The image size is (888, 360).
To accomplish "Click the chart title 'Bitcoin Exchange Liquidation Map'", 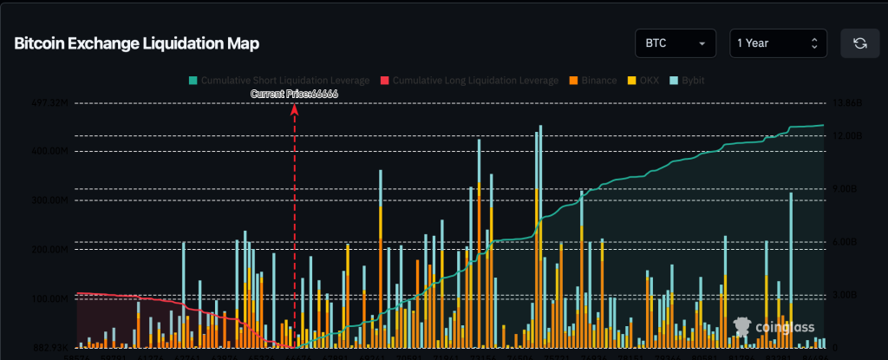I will pos(136,43).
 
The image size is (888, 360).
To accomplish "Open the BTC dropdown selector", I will pos(675,43).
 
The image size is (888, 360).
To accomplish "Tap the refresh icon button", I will pos(860,43).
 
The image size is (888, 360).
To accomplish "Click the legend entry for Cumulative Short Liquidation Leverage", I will pos(278,80).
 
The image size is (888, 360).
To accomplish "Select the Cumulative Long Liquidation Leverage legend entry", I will pos(469,80).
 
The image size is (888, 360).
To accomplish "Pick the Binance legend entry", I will pos(592,80).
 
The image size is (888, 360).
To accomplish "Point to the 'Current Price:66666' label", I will pos(294,94).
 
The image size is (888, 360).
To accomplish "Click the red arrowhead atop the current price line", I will pos(295,108).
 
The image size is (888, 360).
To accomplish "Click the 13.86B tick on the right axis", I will pos(846,102).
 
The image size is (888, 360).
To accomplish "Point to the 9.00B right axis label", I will pos(845,188).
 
